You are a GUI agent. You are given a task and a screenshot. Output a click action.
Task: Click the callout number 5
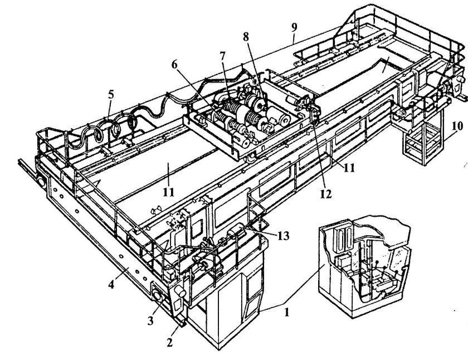(x=111, y=94)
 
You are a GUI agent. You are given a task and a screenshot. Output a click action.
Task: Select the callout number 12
(x=326, y=194)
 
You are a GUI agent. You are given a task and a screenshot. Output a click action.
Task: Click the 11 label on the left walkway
(x=169, y=192)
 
